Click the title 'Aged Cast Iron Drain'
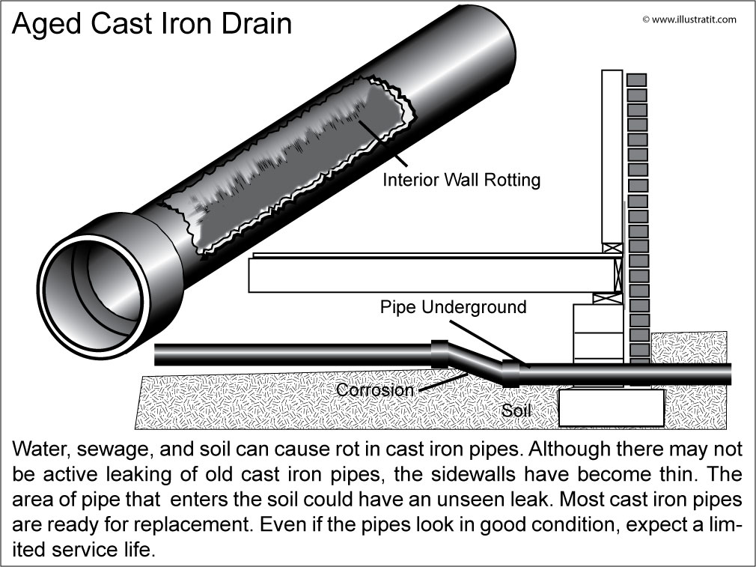153,24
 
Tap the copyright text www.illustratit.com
689,19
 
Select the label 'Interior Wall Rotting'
461,180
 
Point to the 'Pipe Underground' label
453,307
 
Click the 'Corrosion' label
374,390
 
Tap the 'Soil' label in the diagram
516,411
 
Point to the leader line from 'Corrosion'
437,381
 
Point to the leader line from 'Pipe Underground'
483,337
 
